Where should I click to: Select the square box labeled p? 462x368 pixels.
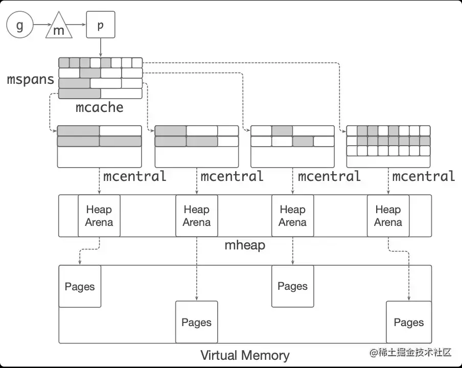click(x=100, y=25)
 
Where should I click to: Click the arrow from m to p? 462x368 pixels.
click(x=78, y=25)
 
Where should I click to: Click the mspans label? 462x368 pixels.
click(x=30, y=80)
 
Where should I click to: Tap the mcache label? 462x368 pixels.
click(x=100, y=107)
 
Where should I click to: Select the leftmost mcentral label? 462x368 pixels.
click(x=135, y=176)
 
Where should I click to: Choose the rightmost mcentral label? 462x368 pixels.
click(x=424, y=176)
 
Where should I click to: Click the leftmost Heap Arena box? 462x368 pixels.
click(x=99, y=216)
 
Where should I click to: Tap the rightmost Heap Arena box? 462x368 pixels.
click(x=388, y=216)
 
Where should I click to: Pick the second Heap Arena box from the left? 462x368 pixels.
click(x=197, y=216)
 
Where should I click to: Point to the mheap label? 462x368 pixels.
click(x=245, y=245)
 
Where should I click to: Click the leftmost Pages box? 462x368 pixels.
click(x=80, y=286)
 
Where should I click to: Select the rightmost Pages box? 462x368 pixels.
click(x=408, y=322)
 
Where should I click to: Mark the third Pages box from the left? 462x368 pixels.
click(x=292, y=286)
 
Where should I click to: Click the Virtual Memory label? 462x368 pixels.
click(x=245, y=355)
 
